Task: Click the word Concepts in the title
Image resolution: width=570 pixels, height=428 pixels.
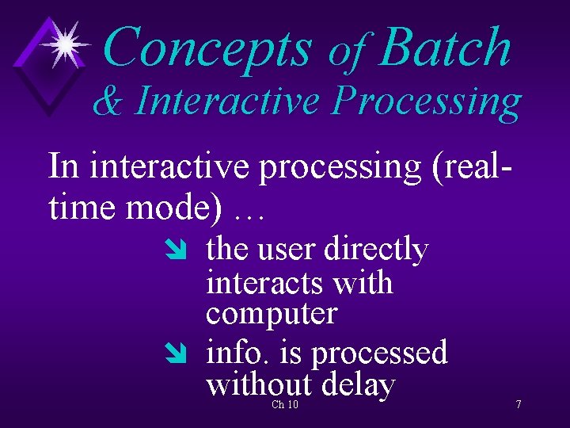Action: pos(207,48)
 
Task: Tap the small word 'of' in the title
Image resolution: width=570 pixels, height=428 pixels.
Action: pos(348,52)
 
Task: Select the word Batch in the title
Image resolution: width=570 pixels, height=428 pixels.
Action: pos(445,48)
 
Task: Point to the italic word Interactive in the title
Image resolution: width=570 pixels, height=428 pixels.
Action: pos(227,101)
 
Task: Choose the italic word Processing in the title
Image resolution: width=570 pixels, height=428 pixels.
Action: pos(427,103)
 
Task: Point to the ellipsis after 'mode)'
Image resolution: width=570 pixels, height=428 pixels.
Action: pos(249,212)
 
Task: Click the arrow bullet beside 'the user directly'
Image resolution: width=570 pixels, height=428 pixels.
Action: pos(173,252)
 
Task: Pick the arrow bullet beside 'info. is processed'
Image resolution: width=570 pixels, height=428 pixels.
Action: pos(173,354)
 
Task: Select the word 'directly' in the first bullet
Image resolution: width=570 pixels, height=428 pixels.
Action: pos(377,250)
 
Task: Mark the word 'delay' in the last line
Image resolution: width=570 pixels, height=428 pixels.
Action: pos(359,386)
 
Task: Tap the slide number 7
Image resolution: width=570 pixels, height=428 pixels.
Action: pos(518,405)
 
